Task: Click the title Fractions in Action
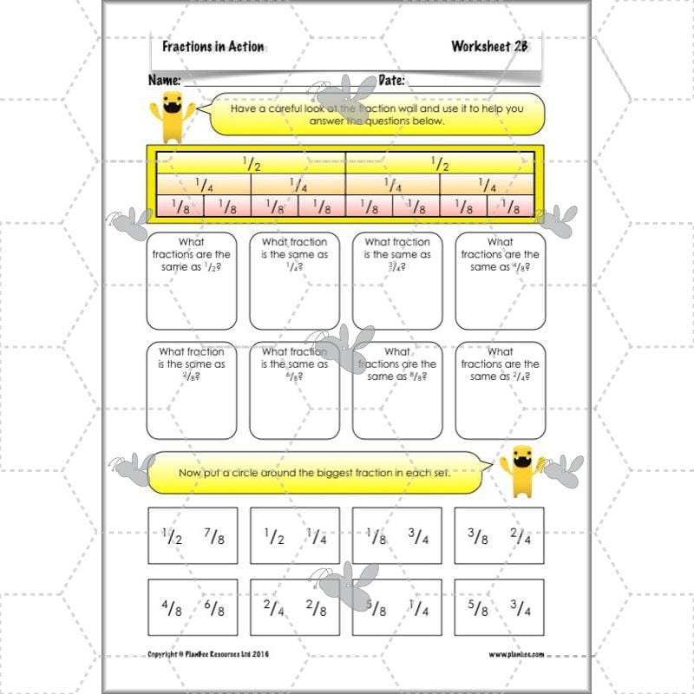pos(213,47)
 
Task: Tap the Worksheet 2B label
pos(488,47)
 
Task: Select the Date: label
pos(392,81)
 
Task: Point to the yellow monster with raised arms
pos(521,469)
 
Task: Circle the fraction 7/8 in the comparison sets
pos(214,537)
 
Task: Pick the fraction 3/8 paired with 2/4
pos(479,537)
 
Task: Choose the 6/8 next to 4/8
pos(214,609)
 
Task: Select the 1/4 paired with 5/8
pos(418,609)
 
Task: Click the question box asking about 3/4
pos(396,280)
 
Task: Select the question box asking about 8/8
pos(396,390)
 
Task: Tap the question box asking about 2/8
pos(191,390)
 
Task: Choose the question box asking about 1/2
pos(191,280)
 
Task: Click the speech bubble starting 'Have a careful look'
pos(377,115)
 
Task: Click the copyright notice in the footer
pos(208,654)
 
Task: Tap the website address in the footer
pos(517,654)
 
